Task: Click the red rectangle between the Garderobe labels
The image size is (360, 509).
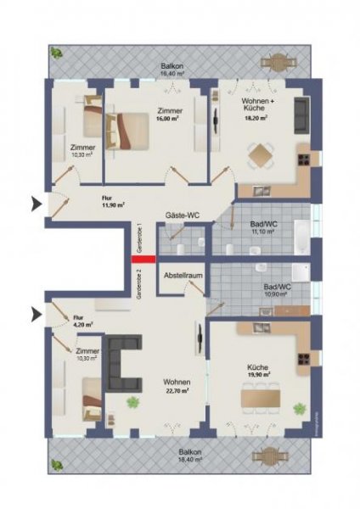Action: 143,260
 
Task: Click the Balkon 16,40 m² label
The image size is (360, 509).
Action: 175,70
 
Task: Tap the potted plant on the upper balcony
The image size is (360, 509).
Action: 59,52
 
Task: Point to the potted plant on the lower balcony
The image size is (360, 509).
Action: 58,465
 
